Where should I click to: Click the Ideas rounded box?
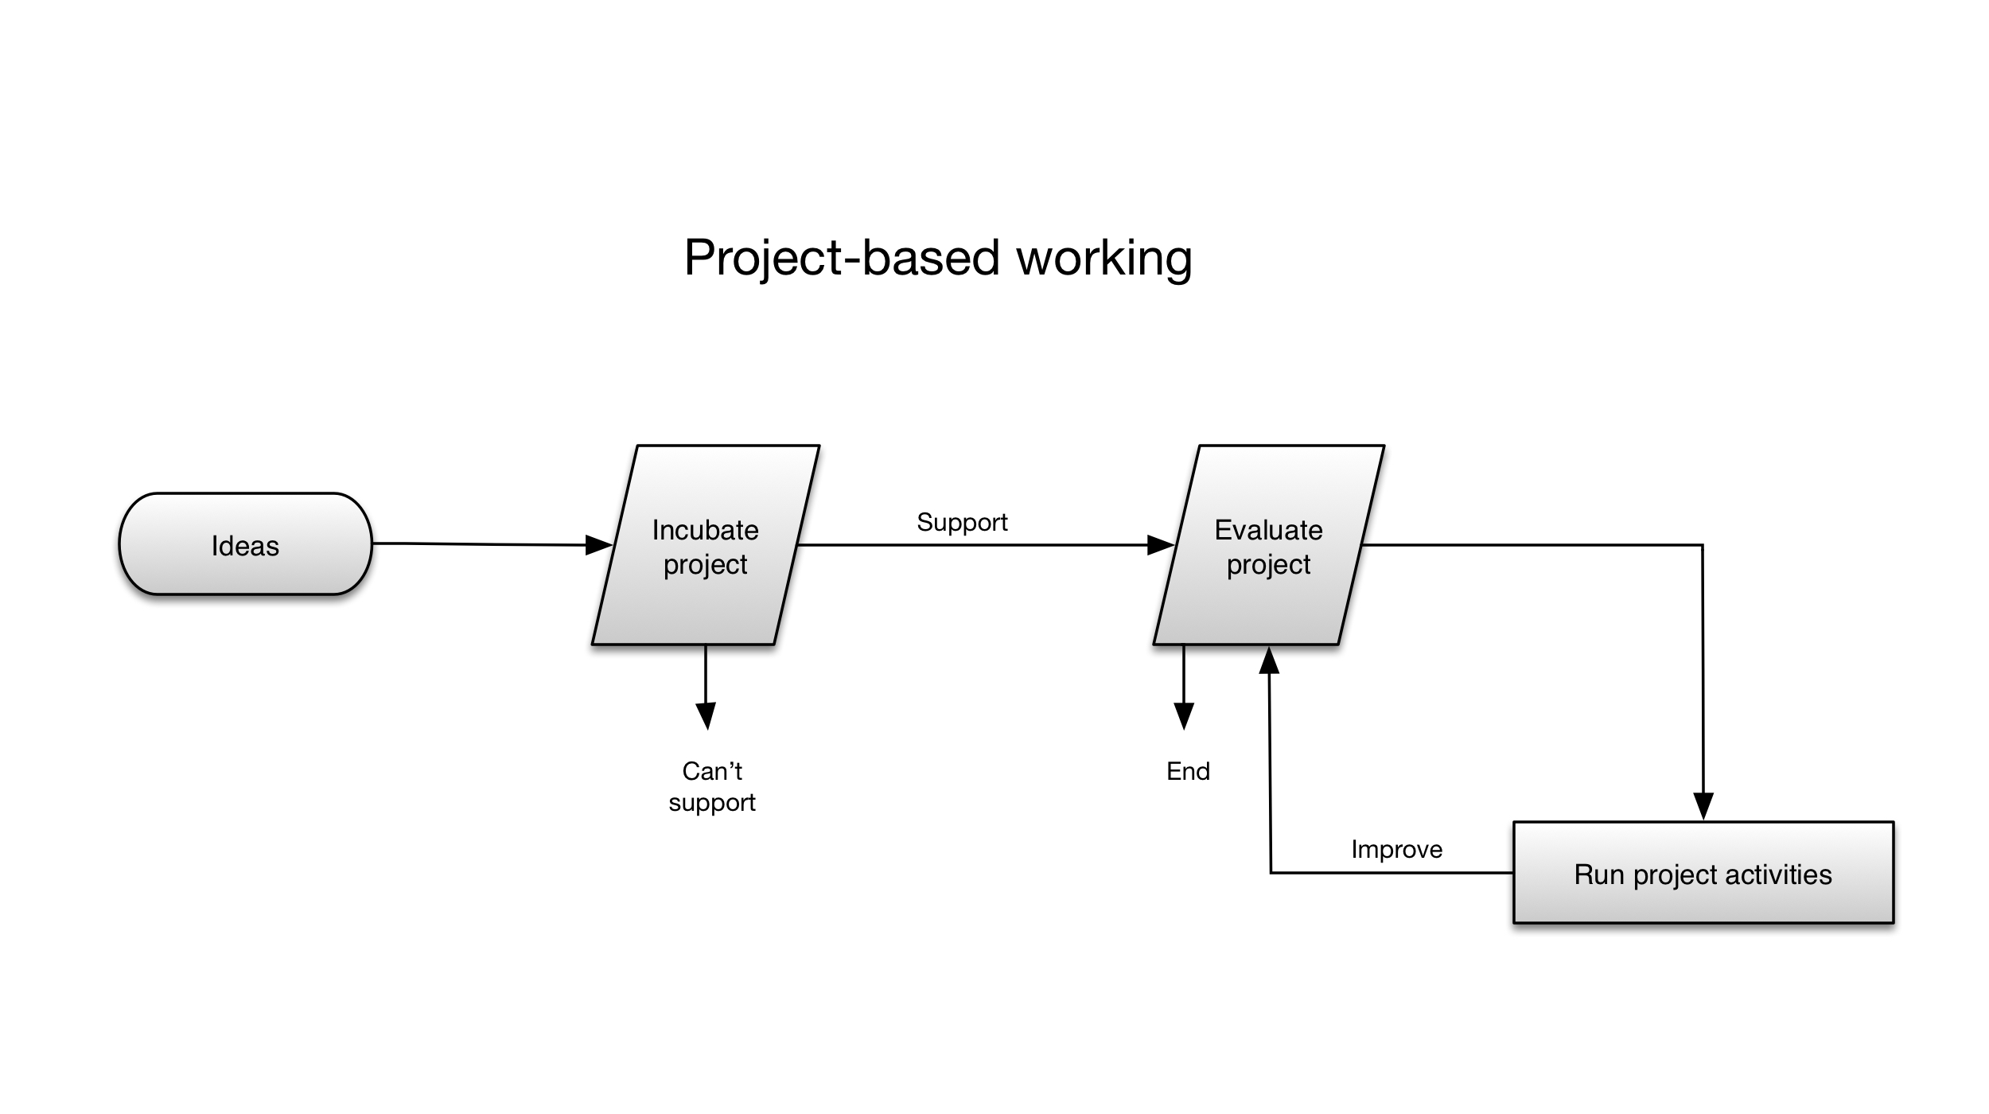tap(245, 544)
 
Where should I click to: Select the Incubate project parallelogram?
tap(706, 545)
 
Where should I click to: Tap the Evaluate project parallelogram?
tap(1269, 545)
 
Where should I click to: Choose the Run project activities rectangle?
tap(1703, 873)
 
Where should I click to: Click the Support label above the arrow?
tap(962, 522)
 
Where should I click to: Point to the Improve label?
tap(1396, 850)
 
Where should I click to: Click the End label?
tap(1188, 771)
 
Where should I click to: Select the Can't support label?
tap(712, 786)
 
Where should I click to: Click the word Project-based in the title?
tap(842, 259)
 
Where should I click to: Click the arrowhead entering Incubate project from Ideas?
tap(598, 545)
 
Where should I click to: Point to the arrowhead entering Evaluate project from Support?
tap(1161, 545)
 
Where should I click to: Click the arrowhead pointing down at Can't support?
tap(706, 716)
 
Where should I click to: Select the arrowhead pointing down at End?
tap(1184, 716)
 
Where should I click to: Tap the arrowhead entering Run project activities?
tap(1703, 806)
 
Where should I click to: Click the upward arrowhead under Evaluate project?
tap(1269, 660)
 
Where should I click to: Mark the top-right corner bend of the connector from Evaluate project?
tap(1703, 545)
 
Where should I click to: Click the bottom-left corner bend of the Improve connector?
tap(1271, 873)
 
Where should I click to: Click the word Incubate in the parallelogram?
tap(706, 530)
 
